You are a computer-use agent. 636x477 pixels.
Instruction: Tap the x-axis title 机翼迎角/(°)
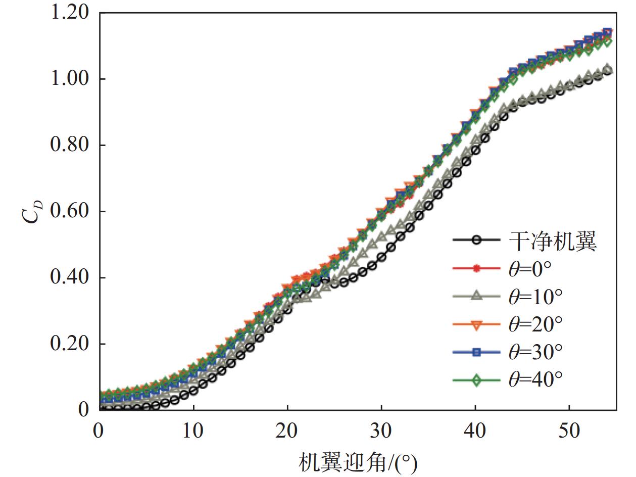358,461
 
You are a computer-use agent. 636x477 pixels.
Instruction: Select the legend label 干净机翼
552,242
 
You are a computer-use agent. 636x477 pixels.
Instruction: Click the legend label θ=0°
529,269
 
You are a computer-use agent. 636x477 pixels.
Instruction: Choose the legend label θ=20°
534,324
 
